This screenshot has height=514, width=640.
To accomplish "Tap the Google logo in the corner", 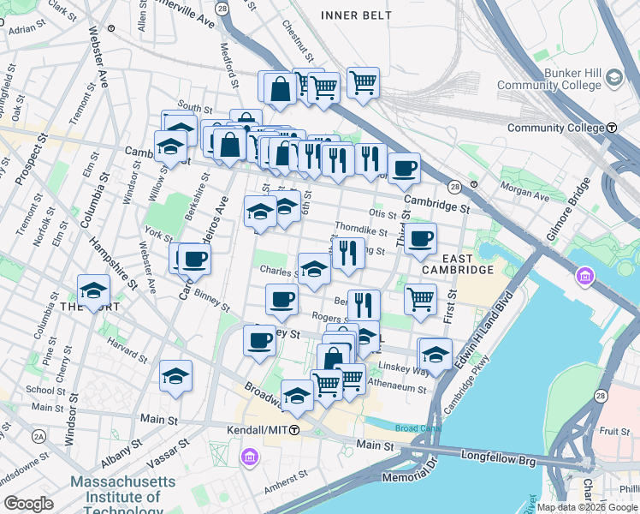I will click(x=28, y=504).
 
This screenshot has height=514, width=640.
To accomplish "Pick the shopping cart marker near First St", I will click(x=420, y=299).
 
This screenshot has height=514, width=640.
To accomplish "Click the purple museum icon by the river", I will click(x=586, y=277).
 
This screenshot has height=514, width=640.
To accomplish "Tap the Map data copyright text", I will click(x=587, y=507).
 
